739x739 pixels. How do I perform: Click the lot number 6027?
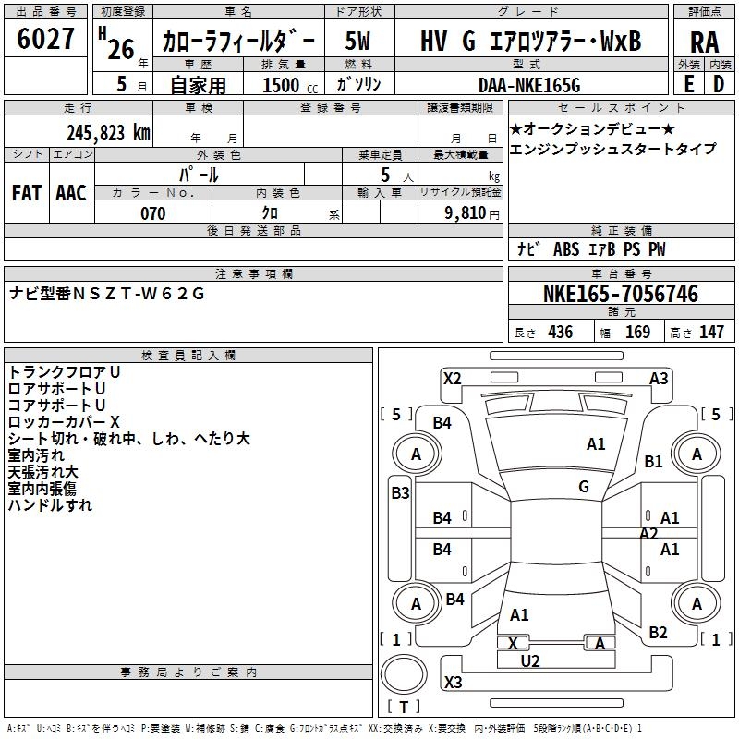pos(45,39)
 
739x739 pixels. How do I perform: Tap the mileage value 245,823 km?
pos(108,133)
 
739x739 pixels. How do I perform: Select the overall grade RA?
pos(705,42)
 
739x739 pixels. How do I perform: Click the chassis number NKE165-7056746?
pos(621,294)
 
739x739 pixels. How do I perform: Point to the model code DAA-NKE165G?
pos(529,85)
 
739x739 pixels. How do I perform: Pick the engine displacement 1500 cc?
pos(290,85)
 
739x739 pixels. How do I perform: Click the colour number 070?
pos(153,213)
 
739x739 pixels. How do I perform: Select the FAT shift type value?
pos(27,193)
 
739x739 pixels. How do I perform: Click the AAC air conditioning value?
pos(71,193)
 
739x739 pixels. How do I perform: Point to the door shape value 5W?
pos(357,41)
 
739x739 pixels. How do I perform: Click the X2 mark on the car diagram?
pos(453,379)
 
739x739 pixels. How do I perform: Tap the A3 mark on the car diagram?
pos(659,379)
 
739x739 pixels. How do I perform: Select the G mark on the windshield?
pos(584,486)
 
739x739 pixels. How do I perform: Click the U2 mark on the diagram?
pos(529,661)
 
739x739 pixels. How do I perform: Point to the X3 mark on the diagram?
pos(453,682)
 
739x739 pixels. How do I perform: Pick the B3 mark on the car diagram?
pos(401,493)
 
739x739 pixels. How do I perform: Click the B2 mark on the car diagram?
pos(658,632)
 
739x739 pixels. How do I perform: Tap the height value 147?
pos(711,332)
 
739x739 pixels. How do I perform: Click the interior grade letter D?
pos(719,84)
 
